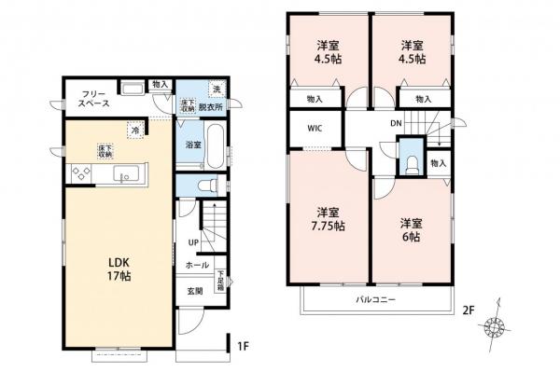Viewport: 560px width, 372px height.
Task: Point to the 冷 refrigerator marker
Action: click(x=135, y=131)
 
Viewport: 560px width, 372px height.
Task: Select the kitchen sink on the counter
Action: click(x=125, y=174)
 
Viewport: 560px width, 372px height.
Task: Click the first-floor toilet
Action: click(x=210, y=183)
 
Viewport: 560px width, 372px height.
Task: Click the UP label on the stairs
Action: click(x=193, y=243)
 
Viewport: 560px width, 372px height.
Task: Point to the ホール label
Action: click(x=197, y=266)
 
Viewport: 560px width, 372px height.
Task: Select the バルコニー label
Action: click(x=375, y=300)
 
